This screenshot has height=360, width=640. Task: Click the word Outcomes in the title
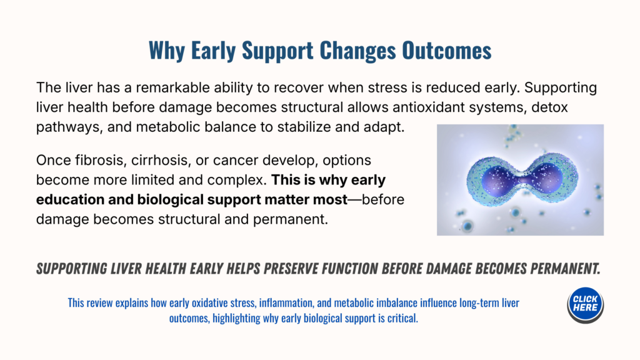(x=446, y=50)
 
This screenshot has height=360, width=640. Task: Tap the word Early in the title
(x=213, y=51)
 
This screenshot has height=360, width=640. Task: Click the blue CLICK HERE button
(x=585, y=305)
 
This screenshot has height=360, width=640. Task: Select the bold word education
(x=69, y=199)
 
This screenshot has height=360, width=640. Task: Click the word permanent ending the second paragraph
(x=290, y=219)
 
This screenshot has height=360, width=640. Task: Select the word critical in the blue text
(x=402, y=318)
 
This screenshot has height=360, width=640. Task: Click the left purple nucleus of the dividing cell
(x=499, y=179)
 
